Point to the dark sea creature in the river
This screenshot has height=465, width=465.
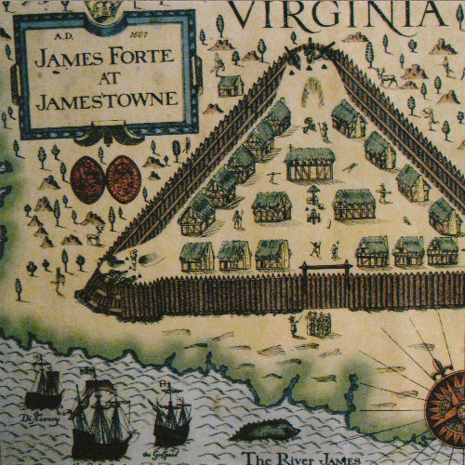[266, 430]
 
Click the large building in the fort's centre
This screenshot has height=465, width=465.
[310, 164]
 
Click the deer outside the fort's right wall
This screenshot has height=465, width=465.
[386, 80]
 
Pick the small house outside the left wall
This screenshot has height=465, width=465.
[231, 86]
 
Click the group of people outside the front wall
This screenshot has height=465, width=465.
[316, 324]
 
